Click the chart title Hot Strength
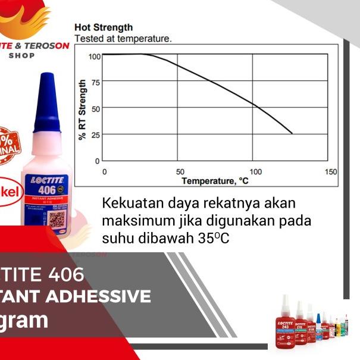pyautogui.click(x=104, y=27)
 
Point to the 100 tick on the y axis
pyautogui.click(x=94, y=57)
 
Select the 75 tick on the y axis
pyautogui.click(x=95, y=82)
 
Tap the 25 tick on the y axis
pyautogui.click(x=95, y=134)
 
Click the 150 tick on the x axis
pyautogui.click(x=330, y=172)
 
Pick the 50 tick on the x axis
pyautogui.click(x=180, y=172)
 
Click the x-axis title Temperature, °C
pyautogui.click(x=215, y=180)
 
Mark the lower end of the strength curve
pyautogui.click(x=292, y=134)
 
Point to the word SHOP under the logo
pyautogui.click(x=22, y=55)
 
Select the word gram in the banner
pyautogui.click(x=25, y=320)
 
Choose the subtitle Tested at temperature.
pyautogui.click(x=123, y=38)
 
